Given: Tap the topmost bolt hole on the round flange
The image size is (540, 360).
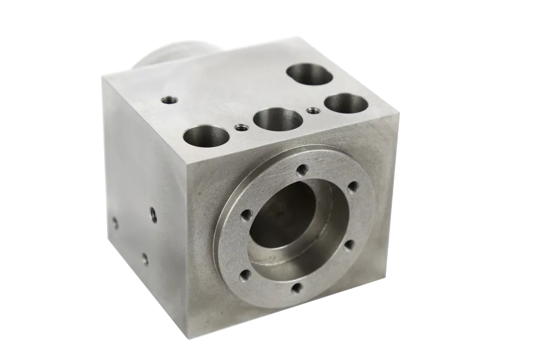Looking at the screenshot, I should pyautogui.click(x=302, y=169).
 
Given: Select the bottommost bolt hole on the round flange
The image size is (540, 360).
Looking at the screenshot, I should pyautogui.click(x=297, y=287).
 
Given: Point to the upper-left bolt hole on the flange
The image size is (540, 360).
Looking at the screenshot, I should pyautogui.click(x=246, y=214).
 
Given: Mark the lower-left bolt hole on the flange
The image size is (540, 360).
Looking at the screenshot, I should pyautogui.click(x=244, y=275).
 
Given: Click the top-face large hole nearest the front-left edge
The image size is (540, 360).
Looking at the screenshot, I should pyautogui.click(x=206, y=136).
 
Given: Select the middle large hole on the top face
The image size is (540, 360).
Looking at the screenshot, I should pyautogui.click(x=278, y=119).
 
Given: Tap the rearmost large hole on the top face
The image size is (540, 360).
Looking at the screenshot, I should pyautogui.click(x=310, y=74).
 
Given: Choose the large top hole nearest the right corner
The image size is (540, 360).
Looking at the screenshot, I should pyautogui.click(x=346, y=103).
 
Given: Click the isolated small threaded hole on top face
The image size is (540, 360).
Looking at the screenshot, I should pyautogui.click(x=169, y=99).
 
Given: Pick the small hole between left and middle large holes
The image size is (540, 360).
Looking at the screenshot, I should pyautogui.click(x=241, y=127).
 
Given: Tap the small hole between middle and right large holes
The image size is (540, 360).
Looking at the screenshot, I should pyautogui.click(x=313, y=111).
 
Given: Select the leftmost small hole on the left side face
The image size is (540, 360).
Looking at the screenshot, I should pyautogui.click(x=115, y=222).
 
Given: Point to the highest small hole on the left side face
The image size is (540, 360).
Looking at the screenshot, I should pyautogui.click(x=153, y=214).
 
